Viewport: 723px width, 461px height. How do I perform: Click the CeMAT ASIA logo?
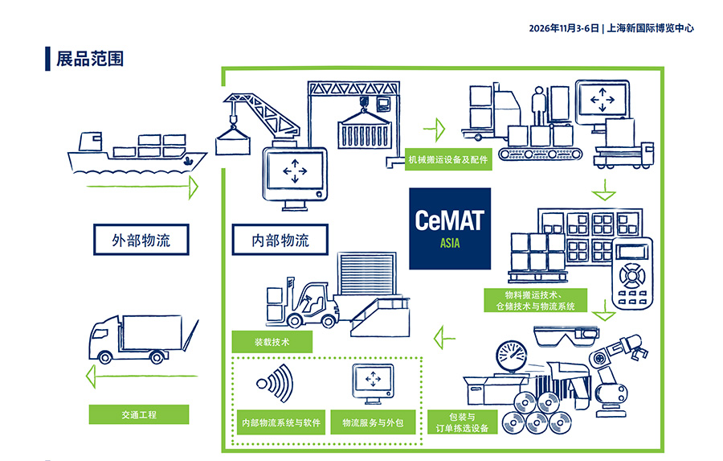(x=450, y=228)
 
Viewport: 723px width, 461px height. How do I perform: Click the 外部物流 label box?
(x=141, y=240)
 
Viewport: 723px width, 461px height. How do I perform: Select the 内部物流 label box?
(x=280, y=240)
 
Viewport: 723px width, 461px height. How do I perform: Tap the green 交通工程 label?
(x=139, y=414)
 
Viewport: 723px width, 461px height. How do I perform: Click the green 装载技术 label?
(x=272, y=342)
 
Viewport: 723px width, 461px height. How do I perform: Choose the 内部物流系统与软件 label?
(x=281, y=422)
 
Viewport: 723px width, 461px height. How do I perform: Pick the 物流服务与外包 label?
(x=373, y=422)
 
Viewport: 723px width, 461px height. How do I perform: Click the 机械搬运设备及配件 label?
(x=448, y=160)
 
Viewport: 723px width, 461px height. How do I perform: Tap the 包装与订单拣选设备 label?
(x=462, y=422)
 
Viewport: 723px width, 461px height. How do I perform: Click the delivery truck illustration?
(x=144, y=340)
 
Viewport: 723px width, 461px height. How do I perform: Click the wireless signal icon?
(x=276, y=383)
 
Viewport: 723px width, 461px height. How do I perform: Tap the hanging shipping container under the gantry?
(x=364, y=130)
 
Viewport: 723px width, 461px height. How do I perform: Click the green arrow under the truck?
(x=142, y=376)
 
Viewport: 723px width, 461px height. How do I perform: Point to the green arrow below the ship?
(x=142, y=187)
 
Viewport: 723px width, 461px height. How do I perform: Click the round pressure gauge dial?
(x=512, y=356)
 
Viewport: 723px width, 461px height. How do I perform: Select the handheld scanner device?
(x=632, y=273)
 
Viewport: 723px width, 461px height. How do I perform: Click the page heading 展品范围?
(x=90, y=59)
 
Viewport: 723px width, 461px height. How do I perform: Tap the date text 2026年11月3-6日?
(x=564, y=28)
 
